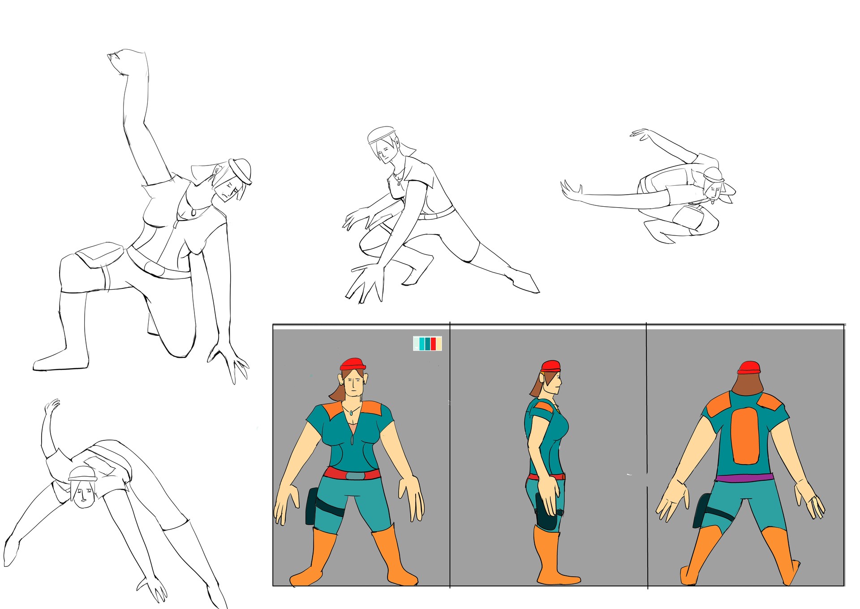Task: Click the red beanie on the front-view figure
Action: tap(353, 364)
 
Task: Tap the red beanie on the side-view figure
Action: tap(550, 365)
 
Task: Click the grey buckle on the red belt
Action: tap(355, 476)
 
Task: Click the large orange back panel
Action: tap(745, 435)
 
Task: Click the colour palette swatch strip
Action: tap(427, 344)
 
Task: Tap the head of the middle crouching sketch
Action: tap(383, 146)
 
